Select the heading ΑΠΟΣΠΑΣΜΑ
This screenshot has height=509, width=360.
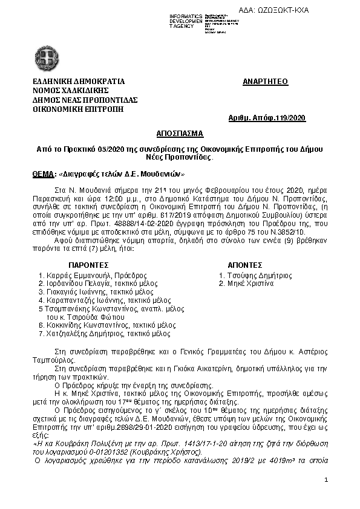[x=180, y=132]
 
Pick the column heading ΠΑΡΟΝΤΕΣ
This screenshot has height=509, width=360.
[x=88, y=265]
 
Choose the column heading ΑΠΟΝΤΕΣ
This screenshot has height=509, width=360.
[x=244, y=265]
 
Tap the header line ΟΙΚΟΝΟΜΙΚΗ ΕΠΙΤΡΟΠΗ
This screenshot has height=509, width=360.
[x=74, y=109]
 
